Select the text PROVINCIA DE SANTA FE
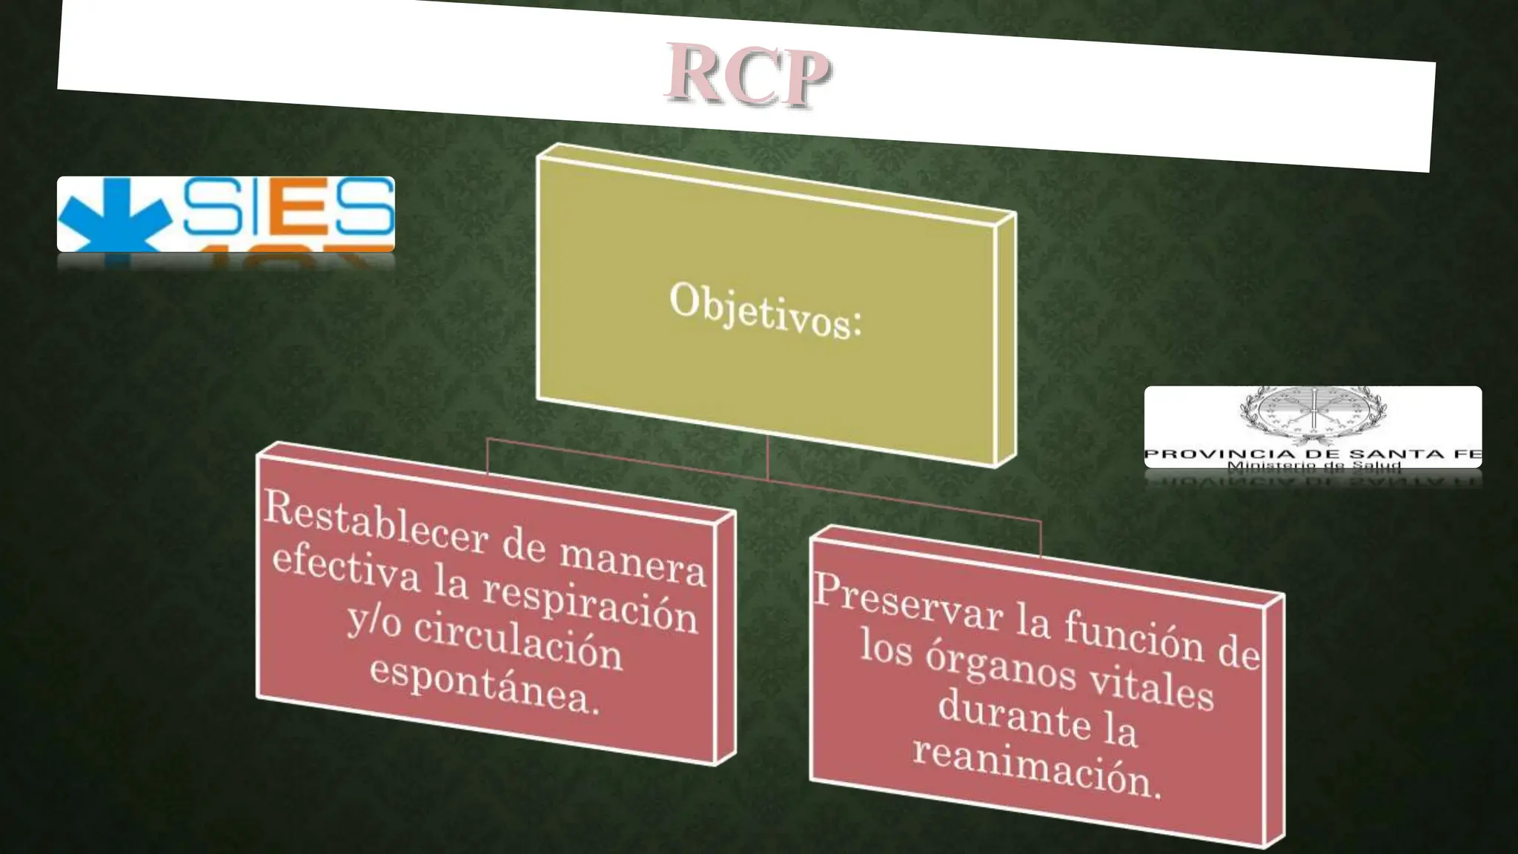[1312, 454]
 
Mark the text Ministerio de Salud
[1313, 466]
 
